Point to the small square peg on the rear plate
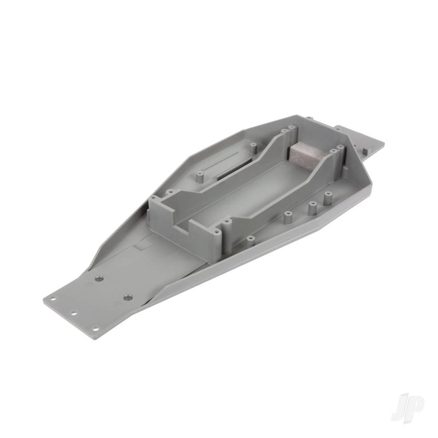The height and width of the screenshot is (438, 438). click(364, 150)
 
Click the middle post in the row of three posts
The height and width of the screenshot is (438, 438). click(311, 207)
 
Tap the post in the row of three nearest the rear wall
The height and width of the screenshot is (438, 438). click(327, 198)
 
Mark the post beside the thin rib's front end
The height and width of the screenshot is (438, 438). click(201, 177)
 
